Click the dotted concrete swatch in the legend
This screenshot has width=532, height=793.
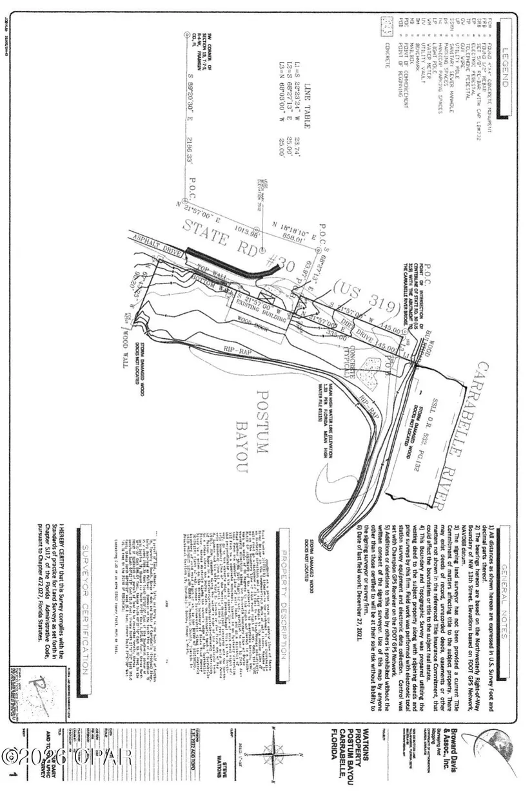click(387, 26)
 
